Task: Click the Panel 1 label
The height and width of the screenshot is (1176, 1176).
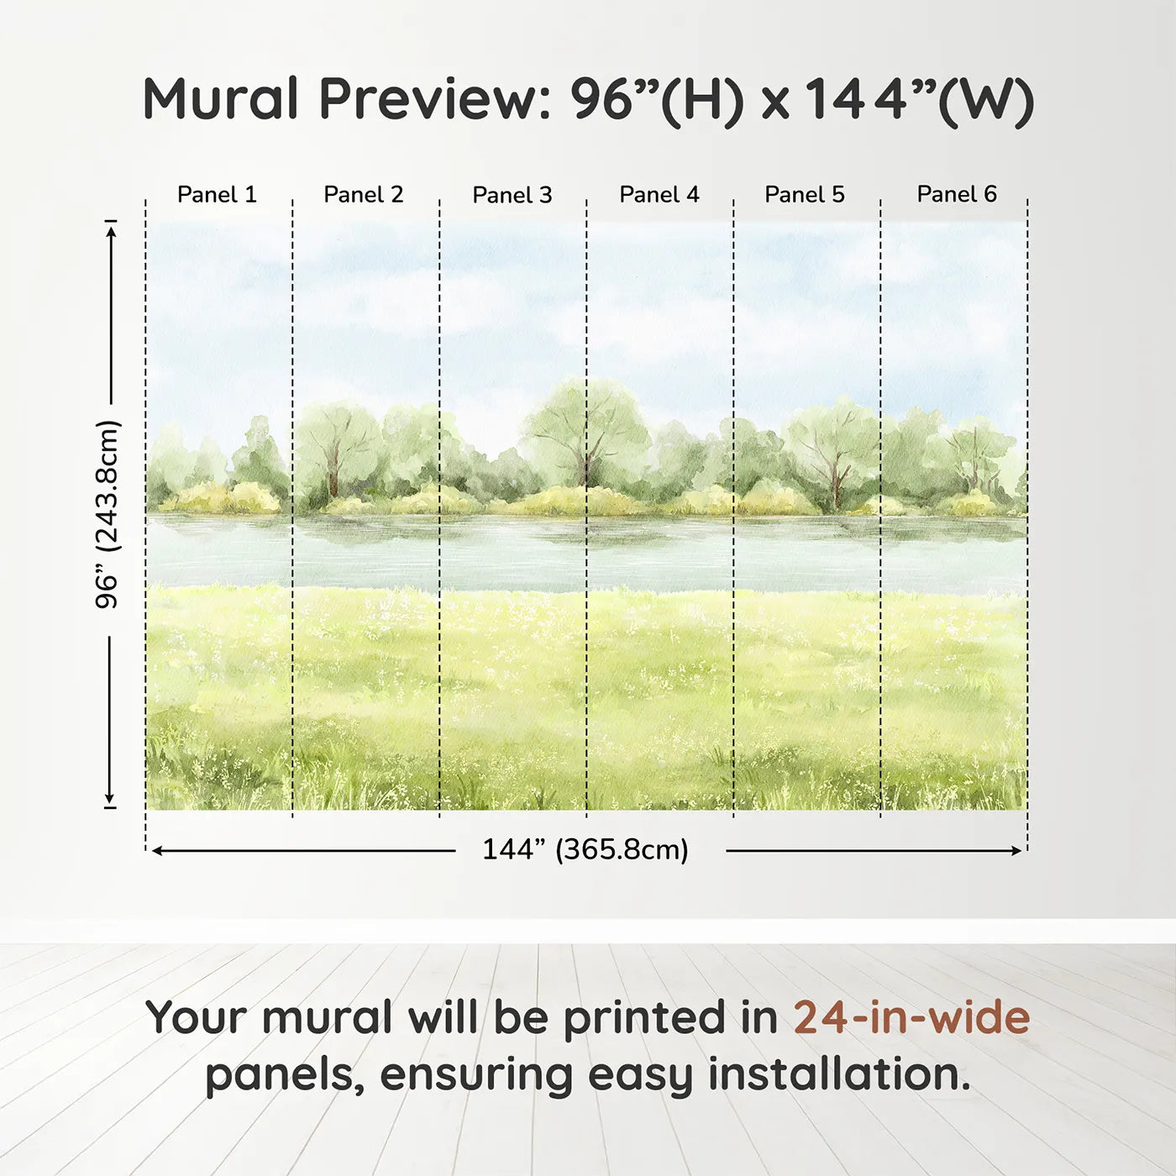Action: click(x=217, y=195)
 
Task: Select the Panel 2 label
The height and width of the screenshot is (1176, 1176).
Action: click(x=364, y=195)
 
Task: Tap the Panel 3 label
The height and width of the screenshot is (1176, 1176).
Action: click(x=512, y=195)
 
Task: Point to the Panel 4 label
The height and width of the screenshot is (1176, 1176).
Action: click(x=659, y=195)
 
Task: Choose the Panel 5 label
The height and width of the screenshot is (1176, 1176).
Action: click(x=805, y=195)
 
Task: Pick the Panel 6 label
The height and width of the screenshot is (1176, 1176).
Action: click(x=957, y=195)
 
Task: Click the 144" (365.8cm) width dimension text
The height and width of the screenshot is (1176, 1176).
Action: click(x=585, y=850)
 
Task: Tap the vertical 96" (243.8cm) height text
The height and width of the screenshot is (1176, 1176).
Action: click(x=108, y=514)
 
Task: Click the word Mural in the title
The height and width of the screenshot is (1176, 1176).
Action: click(x=220, y=99)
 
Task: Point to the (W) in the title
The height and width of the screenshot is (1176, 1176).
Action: click(x=985, y=101)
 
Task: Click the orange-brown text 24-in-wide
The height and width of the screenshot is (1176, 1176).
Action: click(x=911, y=1018)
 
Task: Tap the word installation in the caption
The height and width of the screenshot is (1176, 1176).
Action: click(x=838, y=1075)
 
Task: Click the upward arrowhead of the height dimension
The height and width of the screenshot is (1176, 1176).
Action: click(x=111, y=228)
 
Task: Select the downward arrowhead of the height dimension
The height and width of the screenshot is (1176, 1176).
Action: click(x=109, y=799)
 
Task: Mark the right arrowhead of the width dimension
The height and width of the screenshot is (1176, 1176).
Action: click(x=1017, y=851)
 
